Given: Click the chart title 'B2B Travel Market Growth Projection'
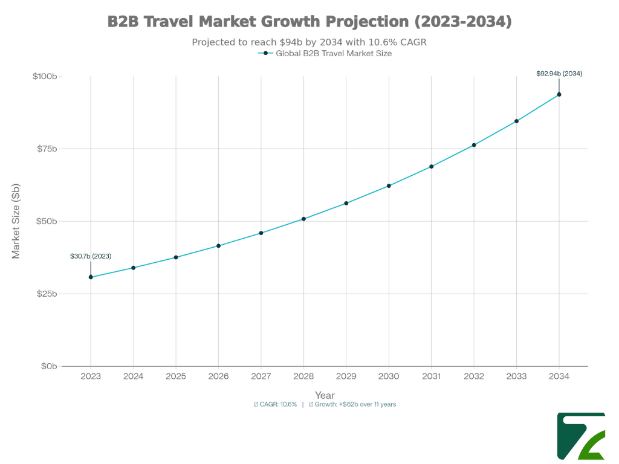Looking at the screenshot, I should [309, 22].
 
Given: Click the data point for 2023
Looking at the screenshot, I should [91, 277].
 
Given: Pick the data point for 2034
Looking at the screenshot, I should [559, 94].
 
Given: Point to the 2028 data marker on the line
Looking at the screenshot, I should [303, 219].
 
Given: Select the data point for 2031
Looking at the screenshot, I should [432, 167].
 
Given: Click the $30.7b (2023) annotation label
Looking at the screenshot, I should [91, 256].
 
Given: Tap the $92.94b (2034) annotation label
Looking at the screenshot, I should [559, 73].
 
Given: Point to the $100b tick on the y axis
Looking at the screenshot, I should [45, 76].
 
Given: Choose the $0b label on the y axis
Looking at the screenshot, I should [48, 366].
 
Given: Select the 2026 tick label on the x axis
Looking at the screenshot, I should [218, 376].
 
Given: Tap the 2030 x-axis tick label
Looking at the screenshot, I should [389, 376].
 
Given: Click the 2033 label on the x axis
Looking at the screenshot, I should [516, 376].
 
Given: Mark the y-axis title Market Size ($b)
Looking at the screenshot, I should [16, 221].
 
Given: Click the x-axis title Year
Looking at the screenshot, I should [325, 395].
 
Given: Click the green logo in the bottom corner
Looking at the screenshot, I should [580, 436].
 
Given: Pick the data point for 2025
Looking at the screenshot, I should [176, 257].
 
